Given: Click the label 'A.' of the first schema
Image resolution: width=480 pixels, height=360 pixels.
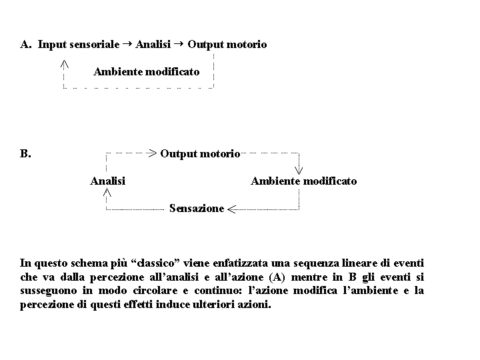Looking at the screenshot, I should [26, 45].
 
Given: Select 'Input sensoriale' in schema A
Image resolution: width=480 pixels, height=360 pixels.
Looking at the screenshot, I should [78, 45].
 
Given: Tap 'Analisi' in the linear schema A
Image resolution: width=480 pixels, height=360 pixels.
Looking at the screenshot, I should [153, 45].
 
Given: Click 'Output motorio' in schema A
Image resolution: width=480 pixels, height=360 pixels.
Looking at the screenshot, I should [227, 45].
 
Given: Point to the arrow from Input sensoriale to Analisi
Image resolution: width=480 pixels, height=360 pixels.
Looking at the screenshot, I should [127, 44].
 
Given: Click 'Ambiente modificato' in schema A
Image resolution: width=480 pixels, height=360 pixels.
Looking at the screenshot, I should [146, 71].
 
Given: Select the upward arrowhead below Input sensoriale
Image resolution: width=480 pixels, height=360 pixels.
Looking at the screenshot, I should [63, 64].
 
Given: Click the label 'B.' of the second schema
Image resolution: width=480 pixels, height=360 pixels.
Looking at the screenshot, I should [25, 154].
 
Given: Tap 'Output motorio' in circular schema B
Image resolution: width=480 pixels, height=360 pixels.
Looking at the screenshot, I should [200, 154].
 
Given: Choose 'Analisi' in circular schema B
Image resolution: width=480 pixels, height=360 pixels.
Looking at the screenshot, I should [107, 181].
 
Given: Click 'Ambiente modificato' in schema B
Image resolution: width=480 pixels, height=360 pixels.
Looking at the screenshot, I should [303, 181].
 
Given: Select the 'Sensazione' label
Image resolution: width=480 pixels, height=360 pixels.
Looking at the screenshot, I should [197, 209].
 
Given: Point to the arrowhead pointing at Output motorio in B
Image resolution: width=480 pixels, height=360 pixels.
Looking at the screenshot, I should [153, 153].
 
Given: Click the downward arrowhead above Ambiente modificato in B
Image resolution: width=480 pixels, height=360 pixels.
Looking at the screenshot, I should [299, 169].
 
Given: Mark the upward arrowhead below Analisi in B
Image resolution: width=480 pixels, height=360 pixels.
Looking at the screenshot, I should [107, 192].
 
